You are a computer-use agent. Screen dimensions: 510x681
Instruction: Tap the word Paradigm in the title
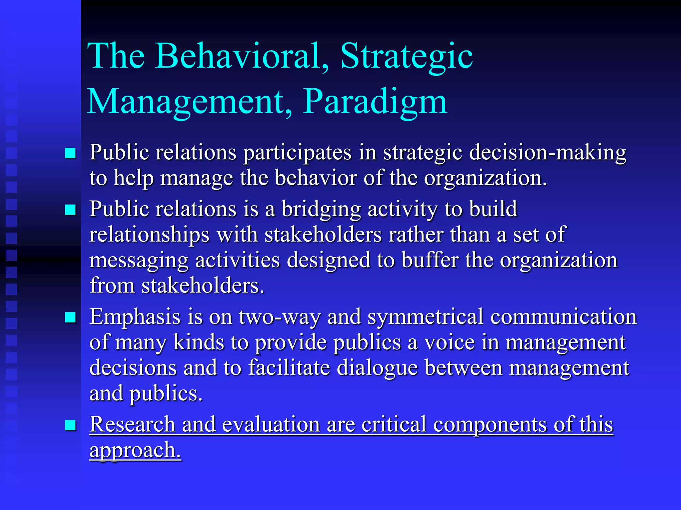(375, 102)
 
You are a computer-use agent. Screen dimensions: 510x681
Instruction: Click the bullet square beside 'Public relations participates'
(70, 153)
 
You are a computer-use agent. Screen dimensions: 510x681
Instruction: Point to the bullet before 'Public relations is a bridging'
(70, 210)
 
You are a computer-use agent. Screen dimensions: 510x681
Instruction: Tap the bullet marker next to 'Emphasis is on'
(70, 317)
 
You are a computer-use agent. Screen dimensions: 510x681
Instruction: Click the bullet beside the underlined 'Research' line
(70, 425)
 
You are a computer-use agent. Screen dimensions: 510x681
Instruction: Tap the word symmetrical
(425, 317)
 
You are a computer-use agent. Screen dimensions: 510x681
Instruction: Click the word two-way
(279, 317)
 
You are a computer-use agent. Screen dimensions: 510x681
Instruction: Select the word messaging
(139, 260)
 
